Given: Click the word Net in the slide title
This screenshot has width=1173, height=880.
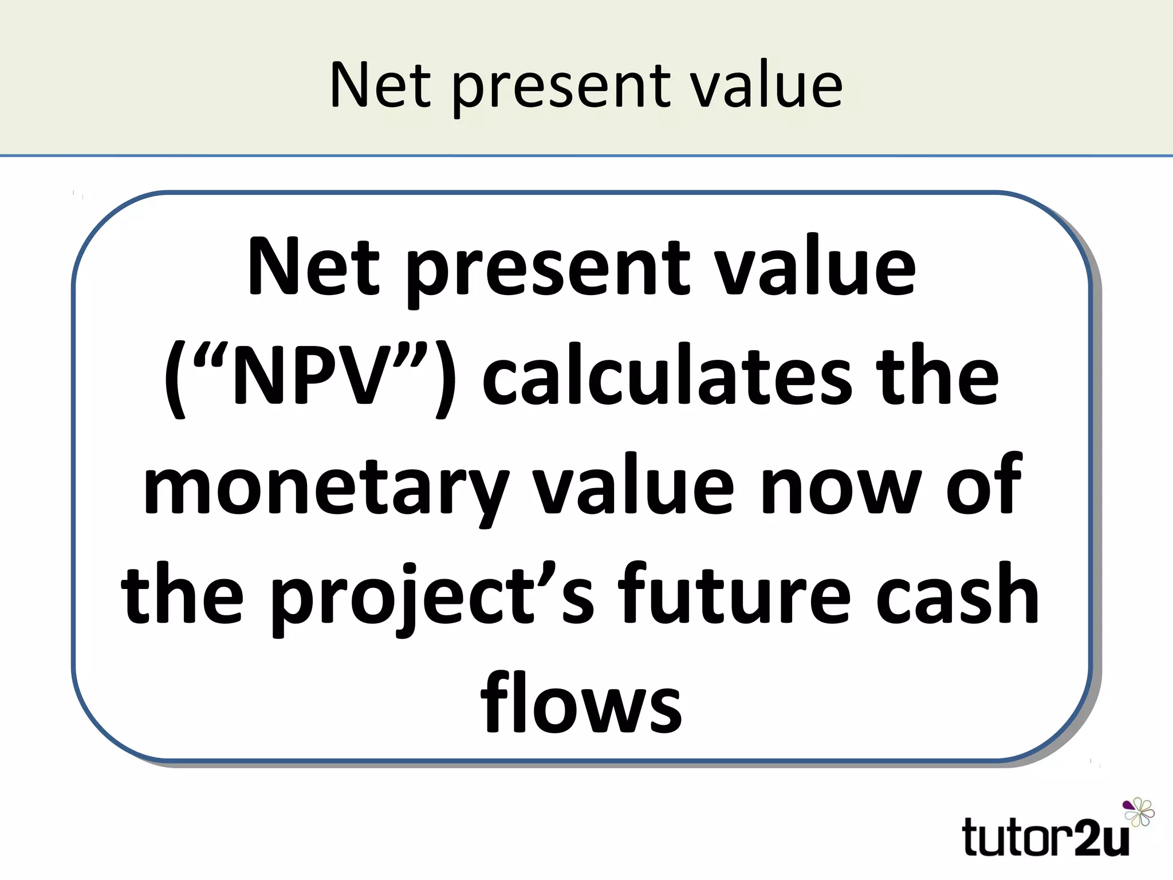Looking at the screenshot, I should (380, 86).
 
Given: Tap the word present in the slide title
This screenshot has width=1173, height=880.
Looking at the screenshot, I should (561, 89).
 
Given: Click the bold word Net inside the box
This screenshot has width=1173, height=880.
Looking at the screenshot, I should (314, 268).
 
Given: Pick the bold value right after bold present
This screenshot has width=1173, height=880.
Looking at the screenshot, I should (816, 268).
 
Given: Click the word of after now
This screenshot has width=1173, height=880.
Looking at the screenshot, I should (983, 485).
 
